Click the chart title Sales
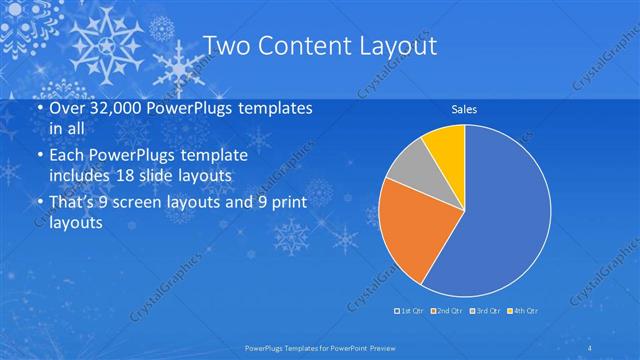[x=463, y=109]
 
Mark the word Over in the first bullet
[x=68, y=107]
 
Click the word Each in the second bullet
[x=68, y=157]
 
